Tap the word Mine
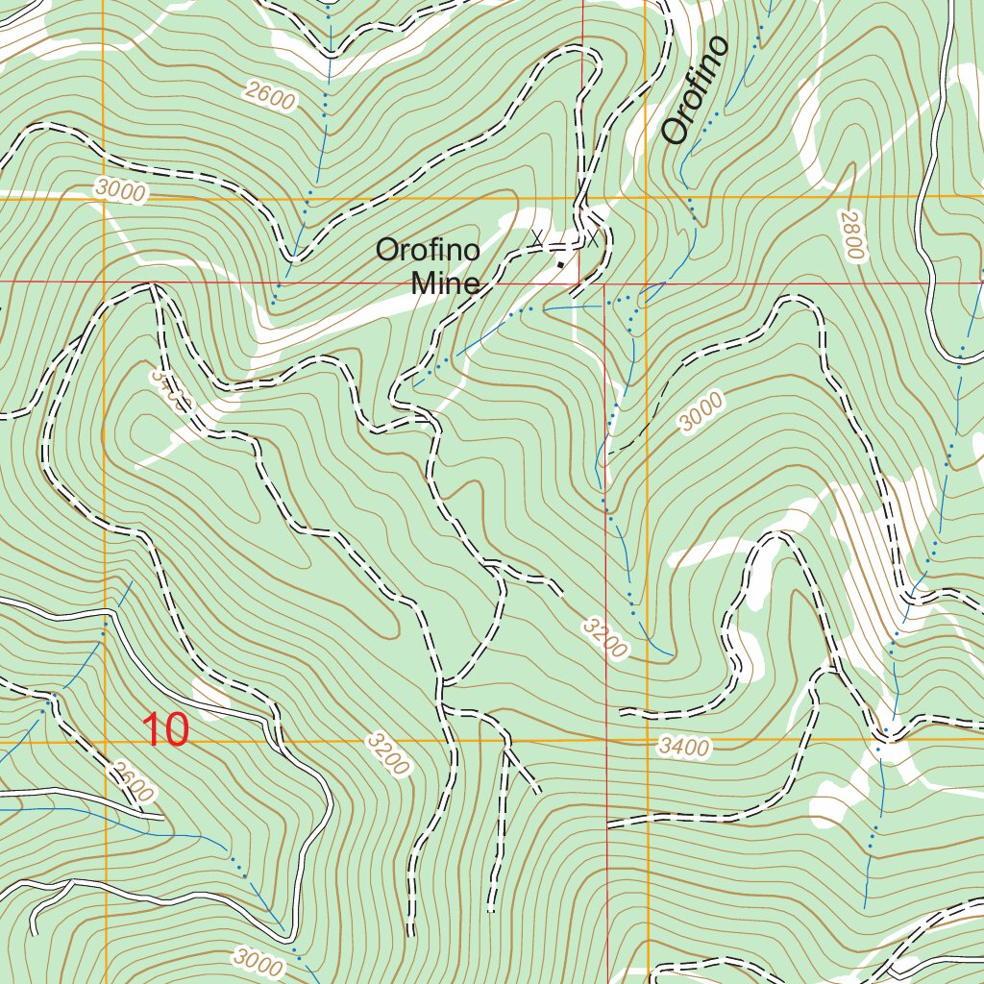tap(445, 283)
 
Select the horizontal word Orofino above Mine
tap(428, 251)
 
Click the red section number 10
tap(165, 730)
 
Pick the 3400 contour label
tap(684, 747)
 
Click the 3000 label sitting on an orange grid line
tap(121, 191)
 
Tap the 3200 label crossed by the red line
tap(603, 638)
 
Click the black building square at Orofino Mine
tap(561, 264)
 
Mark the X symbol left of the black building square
tap(537, 236)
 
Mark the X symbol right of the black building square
tap(594, 240)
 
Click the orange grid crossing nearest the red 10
tap(104, 742)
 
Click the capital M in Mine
tap(422, 283)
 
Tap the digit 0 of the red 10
tap(176, 730)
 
